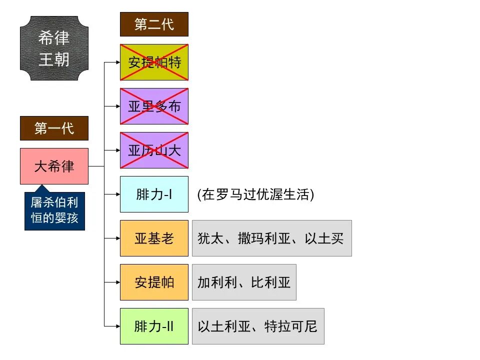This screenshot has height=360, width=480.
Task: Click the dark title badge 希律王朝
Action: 54,48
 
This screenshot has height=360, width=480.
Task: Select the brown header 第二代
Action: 154,24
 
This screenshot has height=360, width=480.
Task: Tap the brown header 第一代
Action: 54,128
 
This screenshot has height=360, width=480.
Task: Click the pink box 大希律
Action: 54,166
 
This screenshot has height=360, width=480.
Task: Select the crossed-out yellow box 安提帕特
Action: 154,62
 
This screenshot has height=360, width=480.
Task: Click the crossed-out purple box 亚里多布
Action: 154,106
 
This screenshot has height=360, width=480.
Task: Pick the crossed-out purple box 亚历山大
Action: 154,150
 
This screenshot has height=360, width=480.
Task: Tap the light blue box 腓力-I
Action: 154,194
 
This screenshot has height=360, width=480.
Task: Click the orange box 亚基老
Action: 154,238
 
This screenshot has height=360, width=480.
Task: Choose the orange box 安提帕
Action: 154,282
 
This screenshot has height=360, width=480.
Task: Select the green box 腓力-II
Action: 154,326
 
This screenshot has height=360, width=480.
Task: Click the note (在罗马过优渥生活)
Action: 255,194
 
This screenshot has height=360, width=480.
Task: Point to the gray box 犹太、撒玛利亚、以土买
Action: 271,238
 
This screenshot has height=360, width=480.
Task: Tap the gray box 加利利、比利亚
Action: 244,282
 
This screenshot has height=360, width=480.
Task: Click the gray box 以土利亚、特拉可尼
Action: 258,326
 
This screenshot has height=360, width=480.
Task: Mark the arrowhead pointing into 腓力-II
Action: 117,326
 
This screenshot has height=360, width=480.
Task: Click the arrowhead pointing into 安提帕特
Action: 117,62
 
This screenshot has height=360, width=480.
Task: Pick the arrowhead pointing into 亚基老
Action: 117,238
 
